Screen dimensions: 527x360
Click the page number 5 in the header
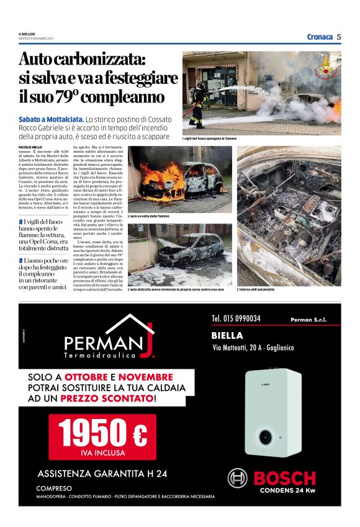[340, 37]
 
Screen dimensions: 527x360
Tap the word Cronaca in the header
[320, 37]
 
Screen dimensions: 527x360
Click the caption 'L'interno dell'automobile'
[256, 289]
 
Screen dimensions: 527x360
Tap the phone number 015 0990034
[236, 319]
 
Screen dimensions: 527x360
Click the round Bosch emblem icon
[237, 478]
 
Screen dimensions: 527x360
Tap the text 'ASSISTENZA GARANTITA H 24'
[102, 474]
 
